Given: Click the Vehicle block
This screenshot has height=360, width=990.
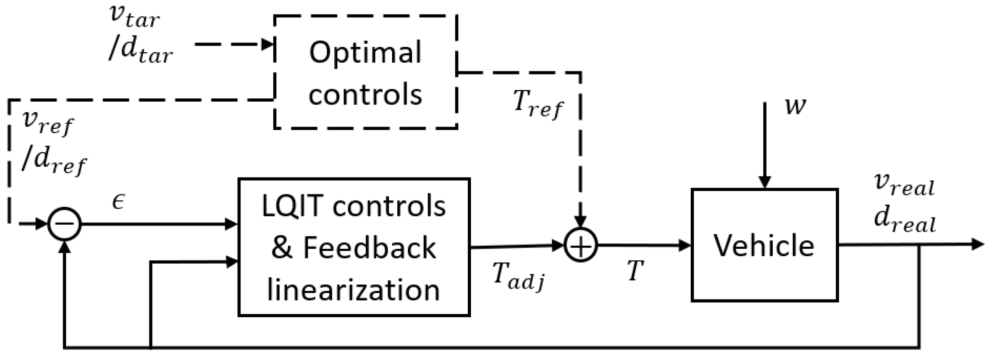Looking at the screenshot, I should [x=764, y=245].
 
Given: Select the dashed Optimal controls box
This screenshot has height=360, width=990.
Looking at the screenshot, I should [x=365, y=72].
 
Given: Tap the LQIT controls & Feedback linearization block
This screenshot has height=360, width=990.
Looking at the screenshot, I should [x=354, y=247].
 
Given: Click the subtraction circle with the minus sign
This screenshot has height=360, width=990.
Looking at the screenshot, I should [x=65, y=224].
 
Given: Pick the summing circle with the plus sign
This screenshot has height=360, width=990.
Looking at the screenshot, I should [x=580, y=246].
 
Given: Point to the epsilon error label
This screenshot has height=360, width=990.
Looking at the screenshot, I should [x=118, y=202].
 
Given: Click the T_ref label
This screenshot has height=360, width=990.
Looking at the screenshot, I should [x=538, y=105].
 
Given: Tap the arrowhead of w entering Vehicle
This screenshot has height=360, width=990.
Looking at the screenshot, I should [x=765, y=182].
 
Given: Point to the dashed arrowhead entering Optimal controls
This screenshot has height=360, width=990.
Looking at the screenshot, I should [x=268, y=44].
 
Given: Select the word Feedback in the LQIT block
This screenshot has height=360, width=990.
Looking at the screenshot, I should [x=369, y=248].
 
